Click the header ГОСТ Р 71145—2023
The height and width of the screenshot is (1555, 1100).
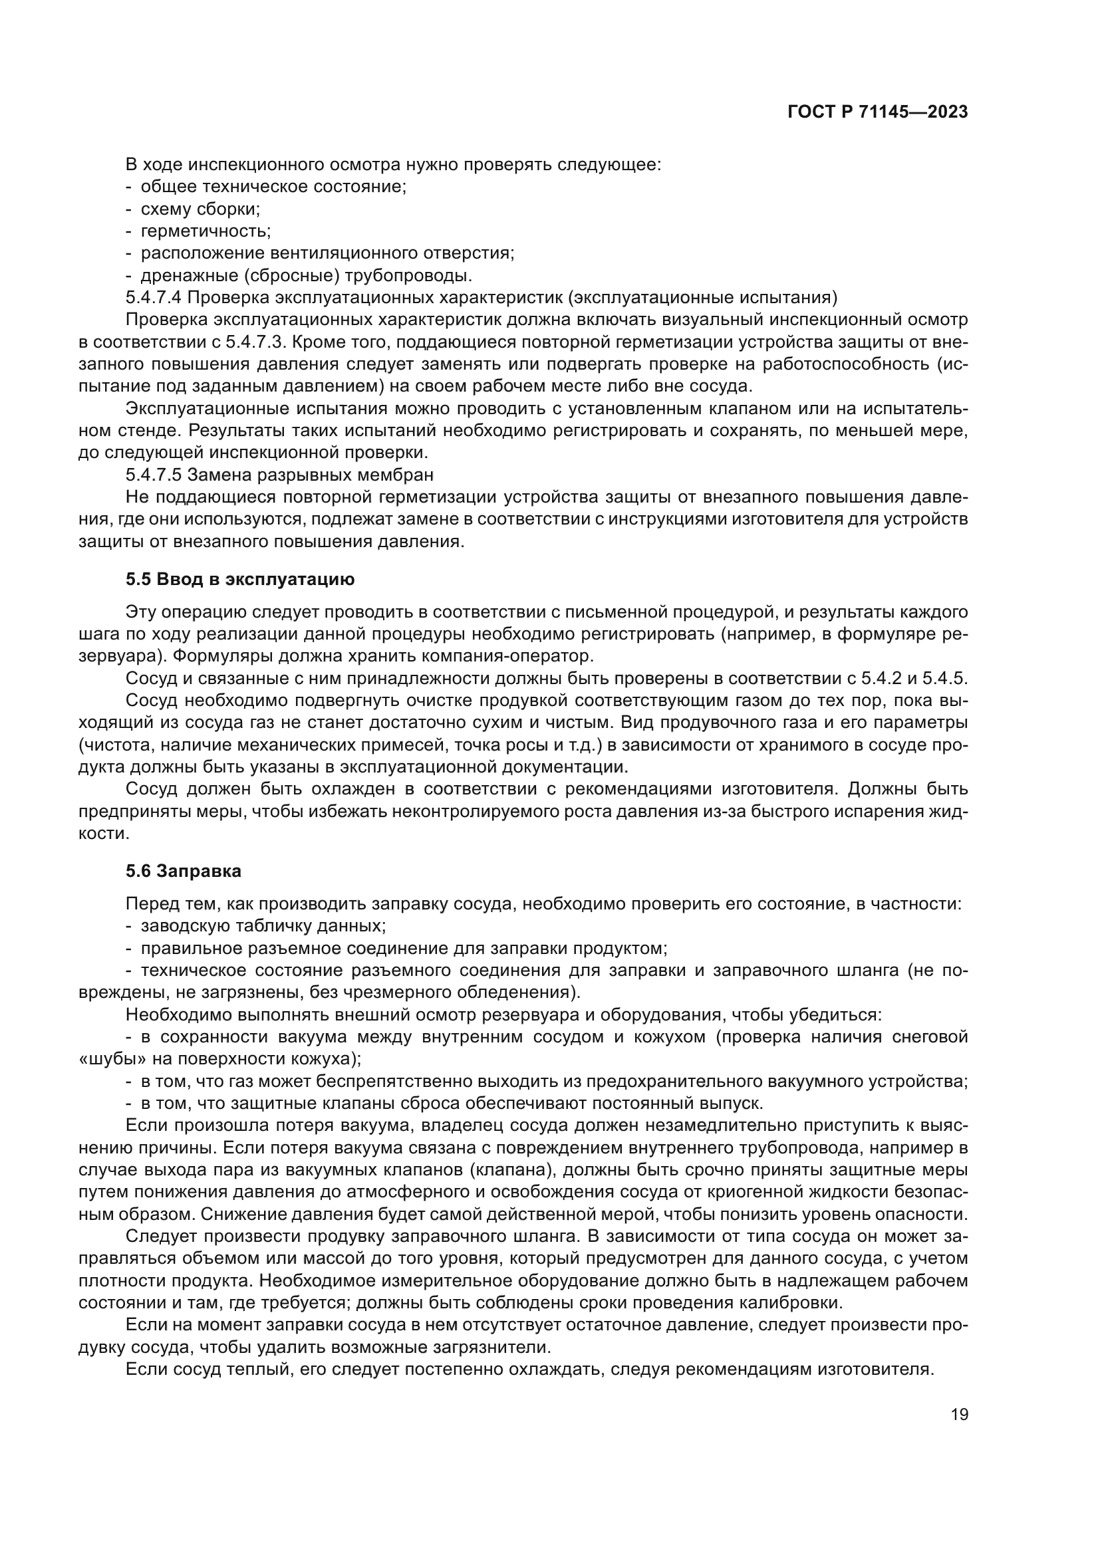pyautogui.click(x=878, y=112)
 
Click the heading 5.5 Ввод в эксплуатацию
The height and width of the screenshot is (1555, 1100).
pyautogui.click(x=240, y=579)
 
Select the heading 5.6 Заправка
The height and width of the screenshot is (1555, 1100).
pyautogui.click(x=183, y=871)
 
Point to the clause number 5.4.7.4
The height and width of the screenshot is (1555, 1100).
pyautogui.click(x=154, y=297)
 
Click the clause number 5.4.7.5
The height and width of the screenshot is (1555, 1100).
pyautogui.click(x=154, y=474)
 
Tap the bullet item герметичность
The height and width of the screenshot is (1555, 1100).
pyautogui.click(x=206, y=231)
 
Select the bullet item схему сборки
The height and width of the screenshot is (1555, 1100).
pyautogui.click(x=200, y=209)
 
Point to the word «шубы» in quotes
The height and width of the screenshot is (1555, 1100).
pyautogui.click(x=106, y=1058)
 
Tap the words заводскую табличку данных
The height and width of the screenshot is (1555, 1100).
pyautogui.click(x=263, y=925)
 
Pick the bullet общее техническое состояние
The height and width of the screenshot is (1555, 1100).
pyautogui.click(x=273, y=186)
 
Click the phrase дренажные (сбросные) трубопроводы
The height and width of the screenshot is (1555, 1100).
pyautogui.click(x=306, y=276)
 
